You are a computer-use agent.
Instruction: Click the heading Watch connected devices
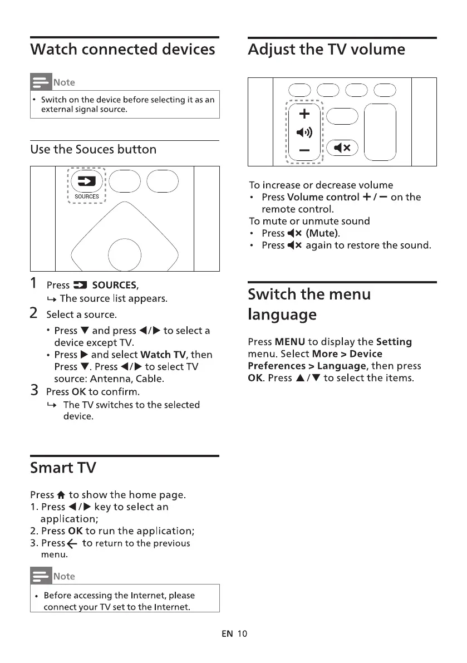point(122,50)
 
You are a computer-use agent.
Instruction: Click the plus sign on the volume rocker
point(304,115)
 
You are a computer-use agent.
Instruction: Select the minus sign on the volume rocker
point(304,150)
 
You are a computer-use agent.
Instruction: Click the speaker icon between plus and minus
point(304,132)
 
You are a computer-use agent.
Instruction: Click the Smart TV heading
point(63,468)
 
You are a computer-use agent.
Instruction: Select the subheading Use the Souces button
point(94,149)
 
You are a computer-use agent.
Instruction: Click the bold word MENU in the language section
point(289,342)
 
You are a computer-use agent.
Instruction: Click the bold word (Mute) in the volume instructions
point(322,233)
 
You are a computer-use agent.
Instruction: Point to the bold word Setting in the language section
point(394,342)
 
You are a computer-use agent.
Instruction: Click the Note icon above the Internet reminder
point(40,576)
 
